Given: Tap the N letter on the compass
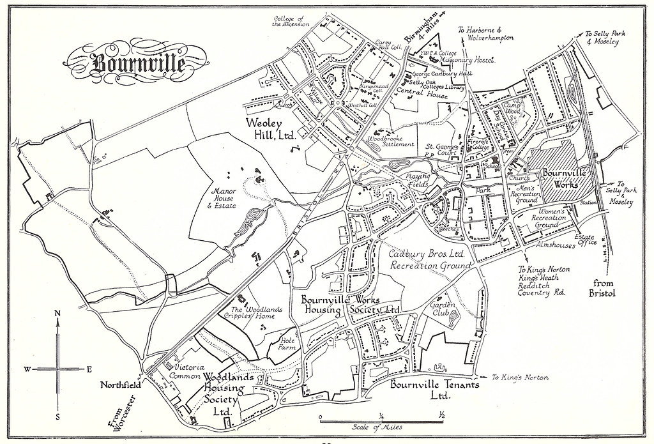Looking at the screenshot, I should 57,313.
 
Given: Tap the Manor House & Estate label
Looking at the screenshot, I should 221,197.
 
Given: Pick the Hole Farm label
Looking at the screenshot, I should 291,346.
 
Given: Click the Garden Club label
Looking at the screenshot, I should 441,310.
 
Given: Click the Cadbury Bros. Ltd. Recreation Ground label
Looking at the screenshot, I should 430,259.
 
